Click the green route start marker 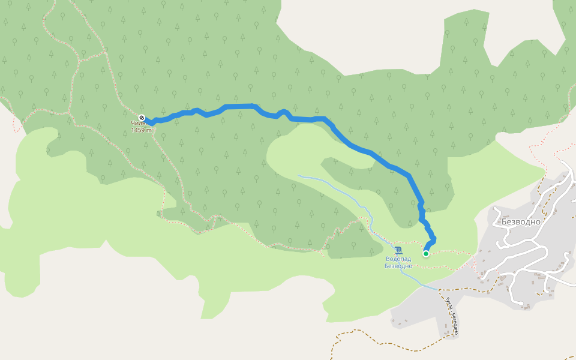click(426, 254)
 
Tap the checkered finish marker click(142, 118)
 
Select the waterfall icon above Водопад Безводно click(399, 250)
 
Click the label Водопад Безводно click(398, 262)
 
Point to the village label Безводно click(521, 221)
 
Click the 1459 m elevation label click(140, 130)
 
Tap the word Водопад click(398, 259)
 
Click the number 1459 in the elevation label click(138, 130)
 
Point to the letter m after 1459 click(148, 130)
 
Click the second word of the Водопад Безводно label click(398, 266)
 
